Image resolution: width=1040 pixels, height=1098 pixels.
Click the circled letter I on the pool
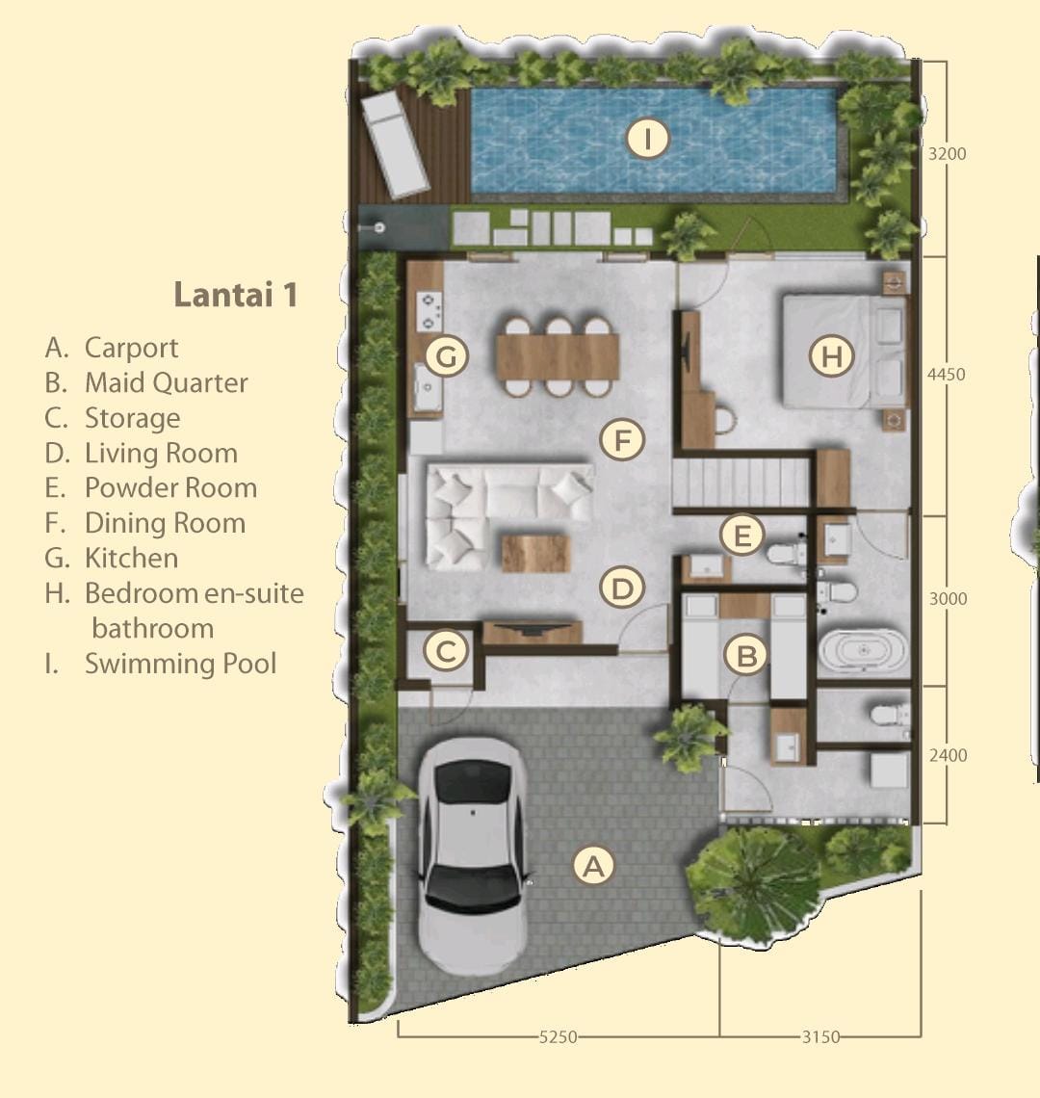tap(647, 139)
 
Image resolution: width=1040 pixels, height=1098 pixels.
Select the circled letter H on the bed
tap(831, 355)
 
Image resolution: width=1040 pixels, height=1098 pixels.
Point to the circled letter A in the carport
tap(594, 866)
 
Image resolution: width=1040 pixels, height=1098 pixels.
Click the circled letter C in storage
tap(446, 650)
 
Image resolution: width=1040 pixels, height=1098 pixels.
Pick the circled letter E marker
tap(741, 536)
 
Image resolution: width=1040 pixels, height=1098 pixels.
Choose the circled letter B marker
tap(746, 656)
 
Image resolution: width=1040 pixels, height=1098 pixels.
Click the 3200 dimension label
tap(947, 153)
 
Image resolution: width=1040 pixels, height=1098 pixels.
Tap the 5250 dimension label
tap(559, 1036)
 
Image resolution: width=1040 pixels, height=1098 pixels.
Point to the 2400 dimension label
tap(948, 755)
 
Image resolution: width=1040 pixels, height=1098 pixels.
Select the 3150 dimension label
tap(820, 1036)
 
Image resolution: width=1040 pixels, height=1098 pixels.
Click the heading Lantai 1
tap(236, 294)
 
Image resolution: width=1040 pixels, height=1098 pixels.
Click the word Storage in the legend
tap(132, 418)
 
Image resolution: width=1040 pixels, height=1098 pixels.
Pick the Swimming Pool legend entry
tap(161, 664)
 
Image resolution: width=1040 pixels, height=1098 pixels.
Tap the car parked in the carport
tap(472, 855)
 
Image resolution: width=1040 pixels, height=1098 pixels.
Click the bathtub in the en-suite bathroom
tap(864, 651)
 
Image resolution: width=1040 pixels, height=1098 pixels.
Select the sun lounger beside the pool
tap(394, 144)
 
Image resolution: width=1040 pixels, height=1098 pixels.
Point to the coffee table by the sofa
tap(535, 553)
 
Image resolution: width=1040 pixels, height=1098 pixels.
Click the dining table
tap(559, 356)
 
